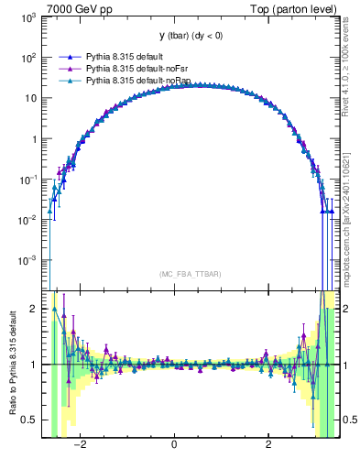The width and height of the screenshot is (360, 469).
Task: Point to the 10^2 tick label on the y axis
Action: coord(28,58)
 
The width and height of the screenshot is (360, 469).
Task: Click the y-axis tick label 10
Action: coord(31,99)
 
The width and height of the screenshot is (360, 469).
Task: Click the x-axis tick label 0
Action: coord(174,445)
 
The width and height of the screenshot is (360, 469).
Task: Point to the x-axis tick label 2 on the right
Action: coord(268,445)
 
